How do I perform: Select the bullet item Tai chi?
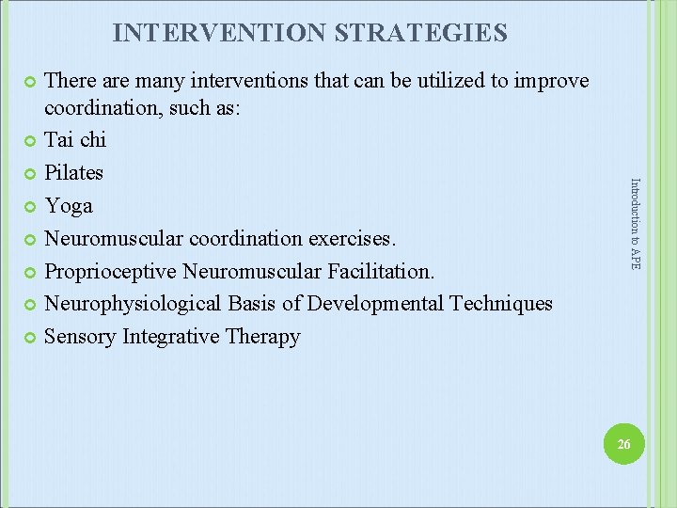[76, 140]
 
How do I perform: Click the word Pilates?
[74, 173]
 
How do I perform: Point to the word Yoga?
[70, 206]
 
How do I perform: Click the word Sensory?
[81, 337]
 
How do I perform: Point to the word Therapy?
[263, 337]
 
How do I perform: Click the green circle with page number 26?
[623, 443]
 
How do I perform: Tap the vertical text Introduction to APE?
[635, 224]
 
